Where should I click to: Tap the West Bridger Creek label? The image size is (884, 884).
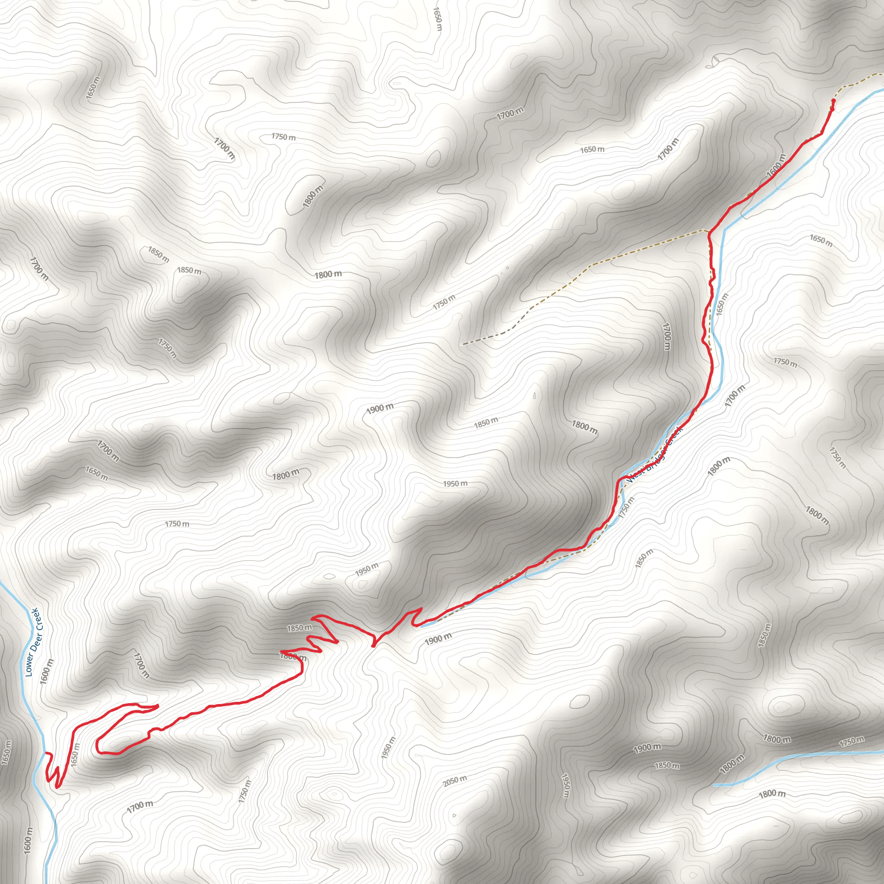pyautogui.click(x=655, y=455)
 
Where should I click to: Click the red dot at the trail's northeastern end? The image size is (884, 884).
pyautogui.click(x=833, y=101)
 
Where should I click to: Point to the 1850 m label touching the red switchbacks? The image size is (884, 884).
pyautogui.click(x=299, y=628)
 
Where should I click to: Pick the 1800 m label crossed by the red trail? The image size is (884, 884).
pyautogui.click(x=293, y=657)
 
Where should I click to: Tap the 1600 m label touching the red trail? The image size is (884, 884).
pyautogui.click(x=776, y=165)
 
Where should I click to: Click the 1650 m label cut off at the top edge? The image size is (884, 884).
pyautogui.click(x=437, y=18)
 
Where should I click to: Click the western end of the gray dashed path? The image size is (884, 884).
pyautogui.click(x=464, y=343)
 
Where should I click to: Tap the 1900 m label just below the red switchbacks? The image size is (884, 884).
pyautogui.click(x=438, y=639)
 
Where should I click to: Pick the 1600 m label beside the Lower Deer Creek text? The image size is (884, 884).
pyautogui.click(x=47, y=671)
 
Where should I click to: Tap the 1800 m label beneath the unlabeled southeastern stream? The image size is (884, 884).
pyautogui.click(x=772, y=794)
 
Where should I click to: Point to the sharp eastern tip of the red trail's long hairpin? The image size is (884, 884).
pyautogui.click(x=158, y=706)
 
